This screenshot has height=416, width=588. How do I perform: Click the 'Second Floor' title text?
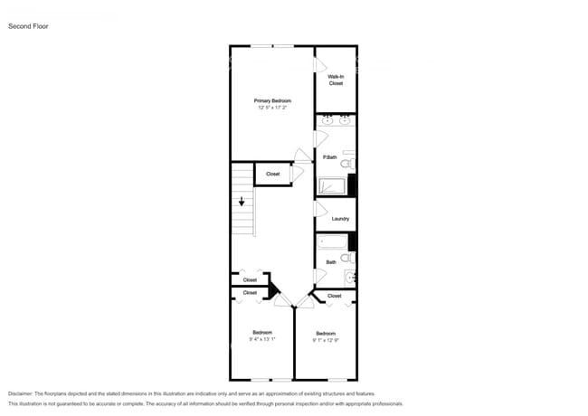pyautogui.click(x=28, y=26)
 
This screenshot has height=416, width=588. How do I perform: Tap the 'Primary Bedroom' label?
pyautogui.click(x=271, y=100)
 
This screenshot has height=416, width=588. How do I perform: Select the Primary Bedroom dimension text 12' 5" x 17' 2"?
pyautogui.click(x=271, y=108)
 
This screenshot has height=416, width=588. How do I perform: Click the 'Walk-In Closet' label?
pyautogui.click(x=336, y=80)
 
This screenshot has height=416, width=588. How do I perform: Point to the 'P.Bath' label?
pyautogui.click(x=330, y=157)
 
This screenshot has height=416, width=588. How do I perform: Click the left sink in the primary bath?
pyautogui.click(x=327, y=119)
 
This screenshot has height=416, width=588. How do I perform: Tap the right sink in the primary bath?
pyautogui.click(x=345, y=119)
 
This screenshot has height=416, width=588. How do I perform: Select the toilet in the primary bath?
pyautogui.click(x=347, y=164)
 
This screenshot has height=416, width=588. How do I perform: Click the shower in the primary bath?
pyautogui.click(x=332, y=186)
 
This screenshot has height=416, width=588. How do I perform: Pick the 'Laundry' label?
pyautogui.click(x=340, y=219)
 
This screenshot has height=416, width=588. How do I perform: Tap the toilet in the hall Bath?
pyautogui.click(x=347, y=258)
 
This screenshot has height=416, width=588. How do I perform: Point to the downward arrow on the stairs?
pyautogui.click(x=242, y=203)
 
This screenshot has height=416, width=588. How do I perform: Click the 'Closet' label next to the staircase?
pyautogui.click(x=272, y=174)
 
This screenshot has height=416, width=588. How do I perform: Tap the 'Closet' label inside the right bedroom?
pyautogui.click(x=334, y=296)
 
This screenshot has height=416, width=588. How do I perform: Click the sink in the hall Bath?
pyautogui.click(x=350, y=278)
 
